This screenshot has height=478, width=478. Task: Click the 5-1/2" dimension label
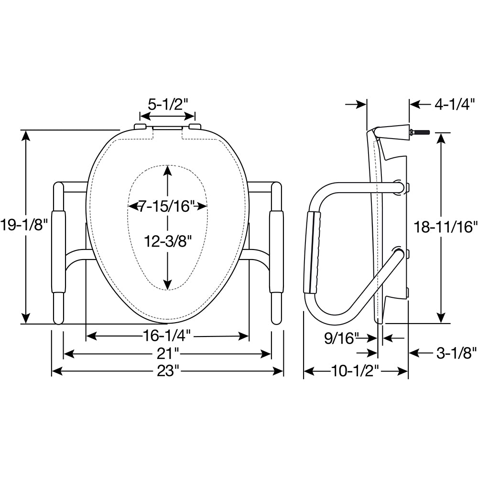tap(167, 104)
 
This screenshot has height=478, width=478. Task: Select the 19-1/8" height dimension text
tap(24, 225)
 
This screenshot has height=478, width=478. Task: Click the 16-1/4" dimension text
tap(167, 336)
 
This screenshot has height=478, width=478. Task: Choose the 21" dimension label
tap(167, 354)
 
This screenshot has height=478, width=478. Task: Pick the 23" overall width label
tap(167, 371)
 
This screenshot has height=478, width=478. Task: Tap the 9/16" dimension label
tap(341, 338)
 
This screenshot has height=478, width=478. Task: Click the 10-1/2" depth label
tap(356, 371)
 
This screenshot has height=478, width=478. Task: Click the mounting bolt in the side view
tap(422, 132)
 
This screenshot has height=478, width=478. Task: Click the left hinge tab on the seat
tap(140, 126)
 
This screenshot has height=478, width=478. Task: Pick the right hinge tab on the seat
tap(195, 126)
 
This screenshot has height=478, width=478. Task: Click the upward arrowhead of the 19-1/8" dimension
tap(26, 136)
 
